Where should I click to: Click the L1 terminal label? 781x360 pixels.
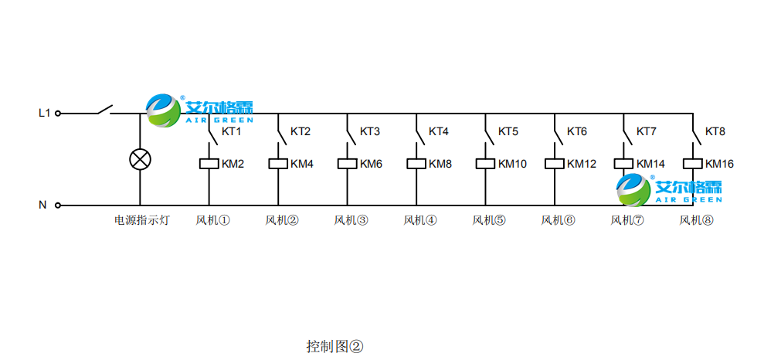(45, 113)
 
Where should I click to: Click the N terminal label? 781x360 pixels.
(43, 205)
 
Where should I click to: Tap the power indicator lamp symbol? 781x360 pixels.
(140, 159)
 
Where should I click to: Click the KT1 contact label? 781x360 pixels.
(232, 131)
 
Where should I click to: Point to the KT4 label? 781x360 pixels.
(439, 131)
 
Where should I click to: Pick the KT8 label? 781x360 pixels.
(715, 131)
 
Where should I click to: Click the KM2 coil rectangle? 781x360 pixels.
(209, 164)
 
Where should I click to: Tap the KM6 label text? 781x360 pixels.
(371, 164)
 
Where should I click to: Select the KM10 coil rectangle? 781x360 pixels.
(485, 164)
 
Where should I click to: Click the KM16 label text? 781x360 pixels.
(719, 164)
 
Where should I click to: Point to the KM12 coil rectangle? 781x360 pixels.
(554, 164)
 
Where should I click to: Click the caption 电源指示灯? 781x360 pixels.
(141, 220)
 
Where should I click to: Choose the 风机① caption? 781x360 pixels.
(212, 220)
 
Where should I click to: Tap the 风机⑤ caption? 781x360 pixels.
(489, 220)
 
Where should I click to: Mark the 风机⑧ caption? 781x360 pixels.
(696, 220)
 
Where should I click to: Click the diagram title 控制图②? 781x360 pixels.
(334, 346)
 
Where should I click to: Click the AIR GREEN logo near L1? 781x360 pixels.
(200, 110)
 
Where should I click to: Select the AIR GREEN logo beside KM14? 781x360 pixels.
(669, 188)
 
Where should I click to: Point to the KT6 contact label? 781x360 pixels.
(577, 131)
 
